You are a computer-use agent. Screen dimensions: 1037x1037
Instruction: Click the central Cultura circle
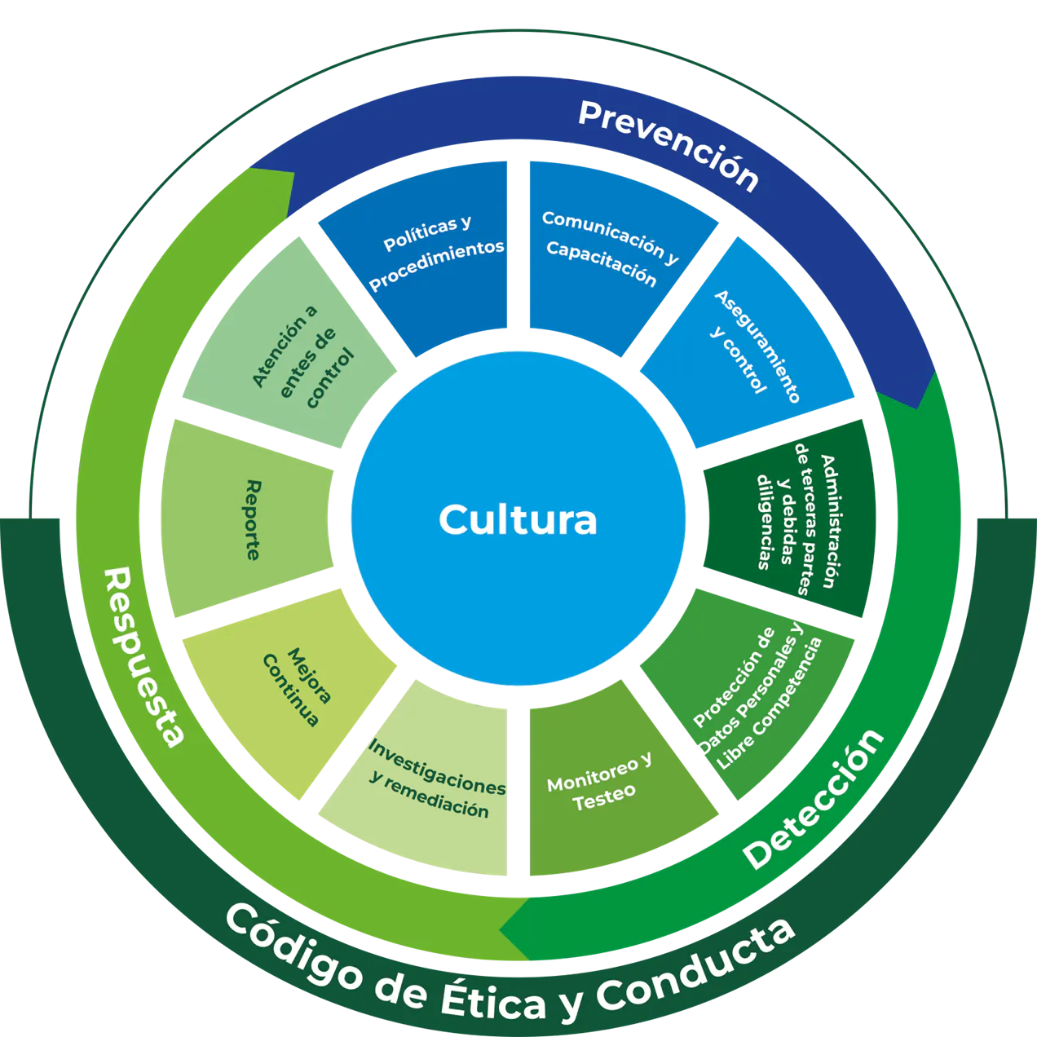click(x=518, y=518)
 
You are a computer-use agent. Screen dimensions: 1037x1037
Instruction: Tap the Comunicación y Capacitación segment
click(x=607, y=249)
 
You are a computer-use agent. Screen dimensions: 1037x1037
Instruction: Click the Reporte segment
click(x=249, y=518)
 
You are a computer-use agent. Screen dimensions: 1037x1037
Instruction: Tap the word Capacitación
click(x=601, y=263)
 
